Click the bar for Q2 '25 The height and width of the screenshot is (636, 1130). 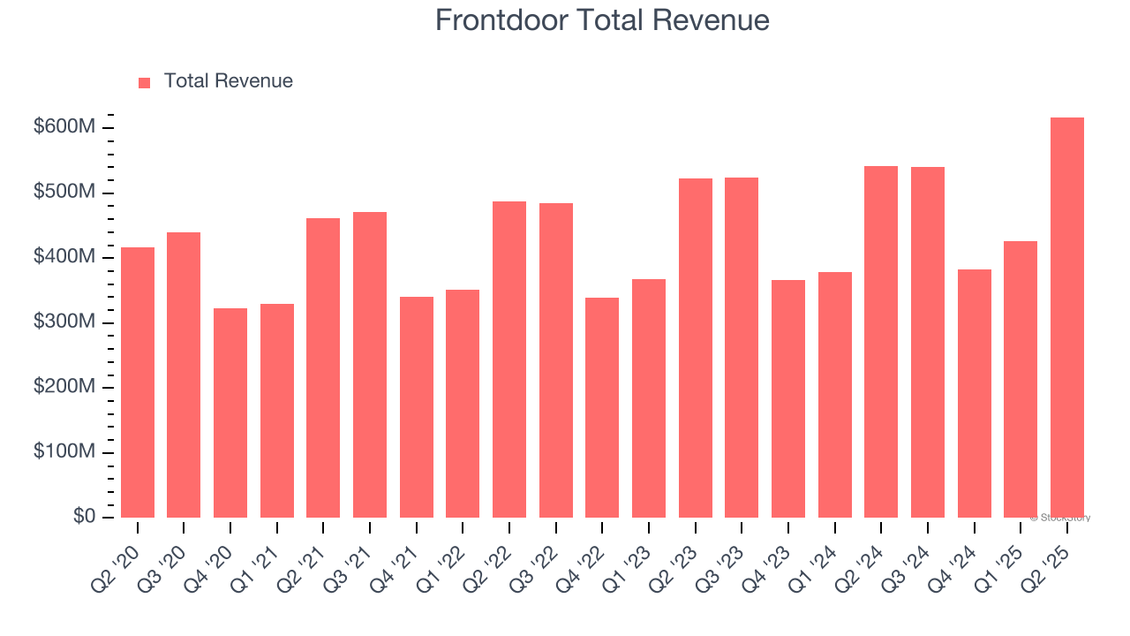coord(1066,318)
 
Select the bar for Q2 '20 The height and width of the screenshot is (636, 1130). coord(138,382)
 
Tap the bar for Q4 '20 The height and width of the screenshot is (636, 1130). coord(230,413)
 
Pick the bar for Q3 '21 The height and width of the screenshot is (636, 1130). coord(370,365)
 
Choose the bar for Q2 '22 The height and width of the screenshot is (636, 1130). coord(509,360)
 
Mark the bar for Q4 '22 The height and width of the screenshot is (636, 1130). coord(602,407)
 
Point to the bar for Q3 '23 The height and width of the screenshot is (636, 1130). coord(742,347)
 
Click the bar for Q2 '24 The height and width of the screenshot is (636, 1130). coord(881,342)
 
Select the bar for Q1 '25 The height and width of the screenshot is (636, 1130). coord(1021,379)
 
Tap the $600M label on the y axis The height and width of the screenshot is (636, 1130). coord(64,127)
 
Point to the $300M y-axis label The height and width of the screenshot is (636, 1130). coord(64,322)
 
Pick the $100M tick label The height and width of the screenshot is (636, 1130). coord(64,452)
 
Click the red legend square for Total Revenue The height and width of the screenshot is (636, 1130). coord(145,82)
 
